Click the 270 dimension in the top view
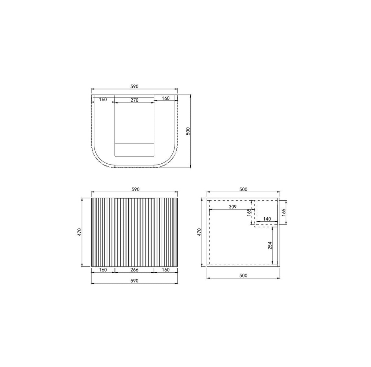click(135, 100)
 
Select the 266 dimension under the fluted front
click(134, 270)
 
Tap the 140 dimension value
click(267, 219)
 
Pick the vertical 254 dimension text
click(270, 245)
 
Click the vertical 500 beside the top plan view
click(188, 131)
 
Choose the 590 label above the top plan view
click(134, 86)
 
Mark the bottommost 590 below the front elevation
click(134, 281)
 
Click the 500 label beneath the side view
click(243, 275)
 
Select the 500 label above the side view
click(243, 189)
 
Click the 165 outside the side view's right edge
click(283, 213)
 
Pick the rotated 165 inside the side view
click(249, 212)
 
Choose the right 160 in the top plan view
click(165, 98)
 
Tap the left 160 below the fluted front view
click(103, 270)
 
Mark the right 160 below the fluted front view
click(165, 270)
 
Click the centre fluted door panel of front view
click(134, 232)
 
